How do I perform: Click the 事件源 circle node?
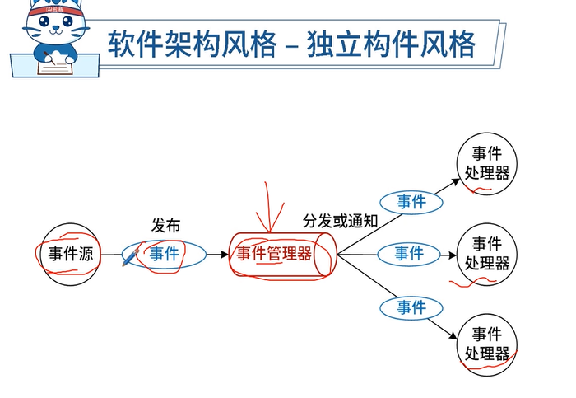70,254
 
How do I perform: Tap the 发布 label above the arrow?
165,225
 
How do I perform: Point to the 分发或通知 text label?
340,220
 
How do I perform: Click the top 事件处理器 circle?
487,163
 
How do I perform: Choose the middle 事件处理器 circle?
487,253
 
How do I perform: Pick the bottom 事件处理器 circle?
487,344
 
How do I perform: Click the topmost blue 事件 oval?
411,202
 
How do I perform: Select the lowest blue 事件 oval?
411,307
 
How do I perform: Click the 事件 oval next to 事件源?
165,254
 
